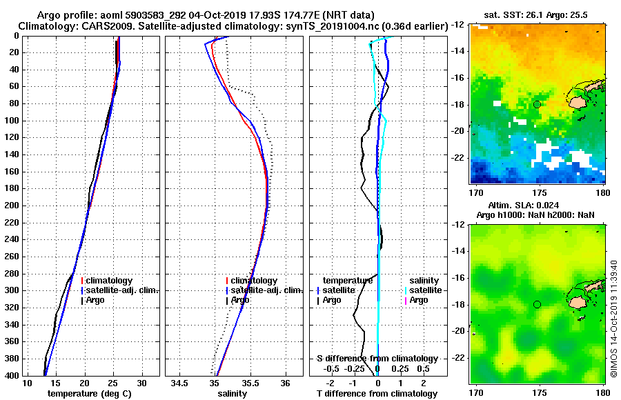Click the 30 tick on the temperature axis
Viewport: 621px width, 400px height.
pos(142,383)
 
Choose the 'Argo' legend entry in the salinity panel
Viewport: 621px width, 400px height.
pos(240,300)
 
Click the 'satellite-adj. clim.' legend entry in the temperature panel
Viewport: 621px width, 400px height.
pos(123,290)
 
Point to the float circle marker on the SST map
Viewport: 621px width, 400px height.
pos(537,104)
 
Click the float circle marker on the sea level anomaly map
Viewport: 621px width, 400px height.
pos(537,304)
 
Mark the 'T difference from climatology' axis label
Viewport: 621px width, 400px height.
pos(377,393)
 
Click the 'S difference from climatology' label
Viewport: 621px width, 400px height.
pos(377,359)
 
